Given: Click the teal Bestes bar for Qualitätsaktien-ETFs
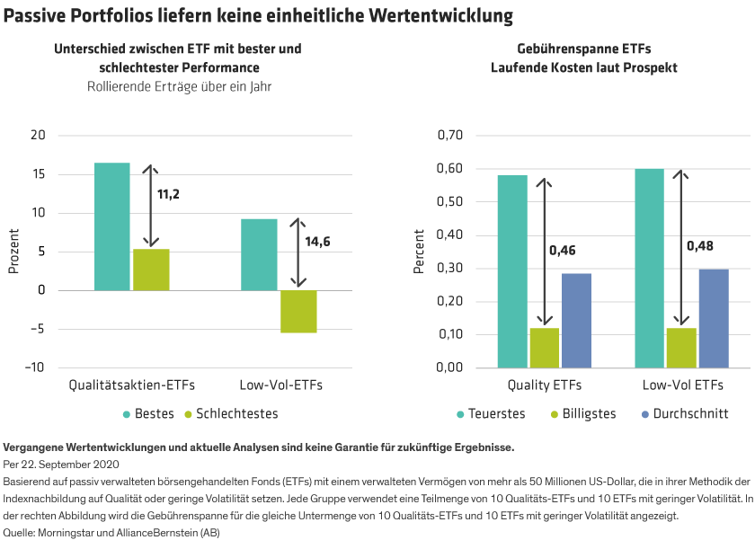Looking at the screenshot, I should pyautogui.click(x=112, y=226).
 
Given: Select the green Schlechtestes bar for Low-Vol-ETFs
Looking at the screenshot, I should pyautogui.click(x=298, y=312).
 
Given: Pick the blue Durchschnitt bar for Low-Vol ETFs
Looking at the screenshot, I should pyautogui.click(x=714, y=318).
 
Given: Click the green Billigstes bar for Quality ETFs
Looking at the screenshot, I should pyautogui.click(x=544, y=348).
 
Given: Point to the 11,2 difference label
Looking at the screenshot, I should pyautogui.click(x=168, y=193).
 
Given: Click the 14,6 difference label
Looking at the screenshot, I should pyautogui.click(x=317, y=243).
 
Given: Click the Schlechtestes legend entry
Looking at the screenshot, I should pyautogui.click(x=230, y=414).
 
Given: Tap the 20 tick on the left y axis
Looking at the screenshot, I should pyautogui.click(x=37, y=136).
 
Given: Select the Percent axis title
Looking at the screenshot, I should pyautogui.click(x=419, y=252).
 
